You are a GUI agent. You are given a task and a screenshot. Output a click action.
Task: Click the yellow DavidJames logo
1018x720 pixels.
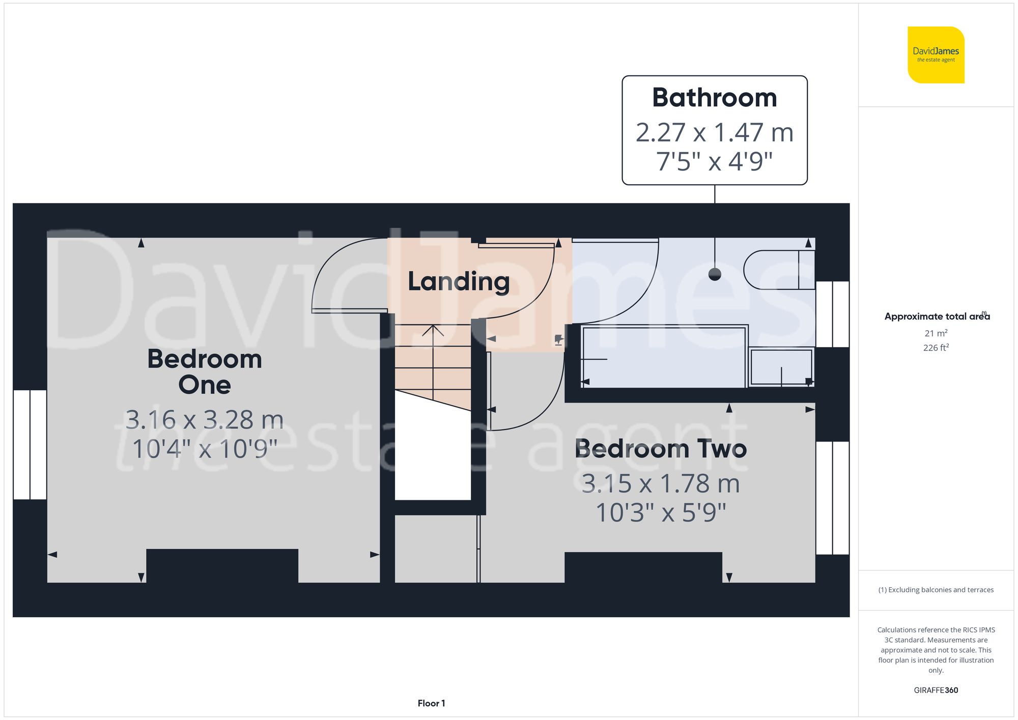(936, 55)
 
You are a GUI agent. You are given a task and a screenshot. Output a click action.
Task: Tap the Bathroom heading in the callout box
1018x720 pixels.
(714, 98)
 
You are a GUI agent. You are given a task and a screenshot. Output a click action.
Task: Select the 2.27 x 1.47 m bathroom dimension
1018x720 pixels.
(714, 132)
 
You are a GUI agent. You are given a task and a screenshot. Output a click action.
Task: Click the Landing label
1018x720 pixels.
(458, 281)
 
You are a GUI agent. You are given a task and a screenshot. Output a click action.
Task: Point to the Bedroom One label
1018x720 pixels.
(205, 372)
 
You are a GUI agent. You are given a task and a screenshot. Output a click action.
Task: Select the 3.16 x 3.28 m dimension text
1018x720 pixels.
(205, 420)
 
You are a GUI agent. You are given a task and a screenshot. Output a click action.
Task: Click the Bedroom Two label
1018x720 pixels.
(661, 449)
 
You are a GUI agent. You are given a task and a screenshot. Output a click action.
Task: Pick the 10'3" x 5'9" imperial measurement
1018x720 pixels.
(661, 512)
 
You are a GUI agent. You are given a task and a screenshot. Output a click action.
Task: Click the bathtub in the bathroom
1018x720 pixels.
(663, 357)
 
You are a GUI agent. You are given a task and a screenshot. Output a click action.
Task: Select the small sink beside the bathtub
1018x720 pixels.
(781, 366)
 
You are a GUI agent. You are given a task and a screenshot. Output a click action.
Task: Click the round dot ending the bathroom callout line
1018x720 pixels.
(715, 275)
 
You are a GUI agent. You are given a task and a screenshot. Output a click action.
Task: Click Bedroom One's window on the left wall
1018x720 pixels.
(30, 444)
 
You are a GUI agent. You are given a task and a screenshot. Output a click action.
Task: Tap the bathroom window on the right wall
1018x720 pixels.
(832, 314)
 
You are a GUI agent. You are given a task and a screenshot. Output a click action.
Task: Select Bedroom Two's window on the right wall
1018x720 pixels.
(832, 498)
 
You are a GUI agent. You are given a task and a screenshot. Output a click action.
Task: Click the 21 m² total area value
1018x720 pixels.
(936, 333)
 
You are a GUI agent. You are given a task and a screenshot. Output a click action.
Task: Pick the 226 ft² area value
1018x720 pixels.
(936, 348)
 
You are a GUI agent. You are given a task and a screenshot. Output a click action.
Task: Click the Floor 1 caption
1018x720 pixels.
(431, 703)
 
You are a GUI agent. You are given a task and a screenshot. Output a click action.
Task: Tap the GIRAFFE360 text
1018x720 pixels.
(936, 690)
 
